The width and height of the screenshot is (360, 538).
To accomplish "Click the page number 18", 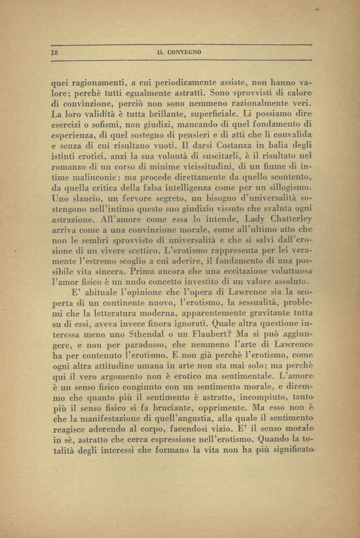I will point(54,52).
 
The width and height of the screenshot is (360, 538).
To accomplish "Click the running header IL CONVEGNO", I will point(180,52).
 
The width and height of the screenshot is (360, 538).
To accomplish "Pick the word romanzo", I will point(68,166).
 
